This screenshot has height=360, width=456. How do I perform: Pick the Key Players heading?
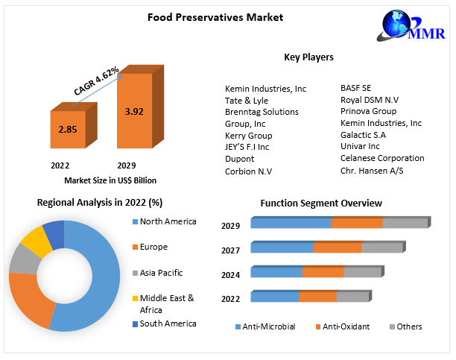tap(308, 57)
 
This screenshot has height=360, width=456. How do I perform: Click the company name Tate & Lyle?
tap(247, 100)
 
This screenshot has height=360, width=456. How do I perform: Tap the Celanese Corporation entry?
tap(382, 158)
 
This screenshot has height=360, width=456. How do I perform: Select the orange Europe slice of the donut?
tap(30, 298)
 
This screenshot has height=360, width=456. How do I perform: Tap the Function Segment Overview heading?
tap(320, 203)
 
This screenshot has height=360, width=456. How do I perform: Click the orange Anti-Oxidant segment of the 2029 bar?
tap(357, 223)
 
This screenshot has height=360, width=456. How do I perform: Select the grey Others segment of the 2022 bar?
tap(352, 297)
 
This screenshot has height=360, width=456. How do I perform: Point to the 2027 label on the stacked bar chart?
tap(230, 250)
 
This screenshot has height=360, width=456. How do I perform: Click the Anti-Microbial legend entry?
tap(265, 326)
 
